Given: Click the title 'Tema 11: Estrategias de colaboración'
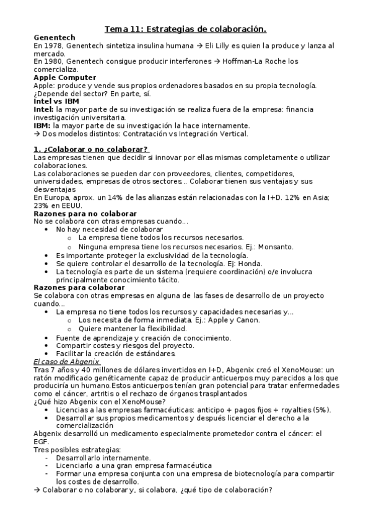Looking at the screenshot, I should pos(185,29).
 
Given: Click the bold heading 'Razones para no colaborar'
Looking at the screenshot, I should pos(85,213).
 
